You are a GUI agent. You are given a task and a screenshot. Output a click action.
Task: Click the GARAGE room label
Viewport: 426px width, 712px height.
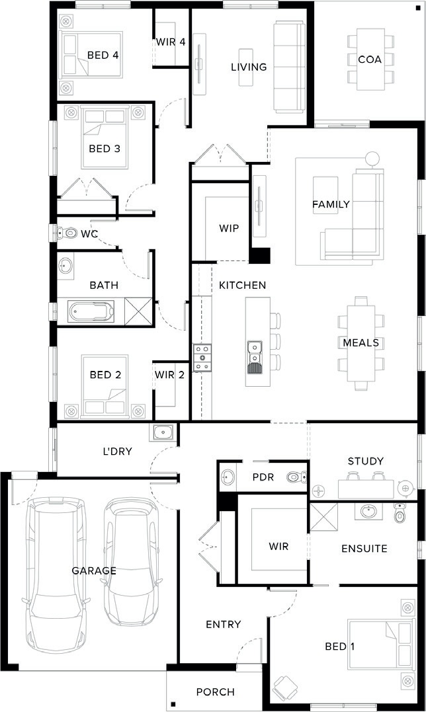(94, 571)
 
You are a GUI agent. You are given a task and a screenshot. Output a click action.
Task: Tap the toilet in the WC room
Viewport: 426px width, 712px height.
(67, 233)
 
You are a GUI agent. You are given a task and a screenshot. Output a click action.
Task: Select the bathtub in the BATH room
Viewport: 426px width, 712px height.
(91, 311)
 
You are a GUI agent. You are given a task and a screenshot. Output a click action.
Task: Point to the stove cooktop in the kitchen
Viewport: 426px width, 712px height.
(202, 358)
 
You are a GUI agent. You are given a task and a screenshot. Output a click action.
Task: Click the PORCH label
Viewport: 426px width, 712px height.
(215, 692)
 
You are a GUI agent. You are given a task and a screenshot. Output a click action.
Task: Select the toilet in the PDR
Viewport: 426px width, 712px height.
(296, 477)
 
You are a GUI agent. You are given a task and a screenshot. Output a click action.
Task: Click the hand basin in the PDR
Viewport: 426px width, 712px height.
(228, 477)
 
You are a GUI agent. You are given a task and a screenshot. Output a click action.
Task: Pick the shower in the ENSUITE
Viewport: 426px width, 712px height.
(324, 517)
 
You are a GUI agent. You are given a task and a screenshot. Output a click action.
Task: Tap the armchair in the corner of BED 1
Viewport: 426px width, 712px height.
(284, 685)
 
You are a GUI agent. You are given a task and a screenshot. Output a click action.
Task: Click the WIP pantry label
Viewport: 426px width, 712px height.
(229, 228)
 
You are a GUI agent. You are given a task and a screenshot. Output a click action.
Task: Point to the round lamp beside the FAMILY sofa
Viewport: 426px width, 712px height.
(372, 159)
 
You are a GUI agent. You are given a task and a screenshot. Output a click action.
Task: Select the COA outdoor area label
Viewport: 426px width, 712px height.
(370, 59)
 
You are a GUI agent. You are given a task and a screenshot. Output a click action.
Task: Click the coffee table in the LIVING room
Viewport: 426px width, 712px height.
(246, 67)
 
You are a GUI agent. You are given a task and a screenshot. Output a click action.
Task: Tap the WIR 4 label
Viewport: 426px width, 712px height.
(171, 42)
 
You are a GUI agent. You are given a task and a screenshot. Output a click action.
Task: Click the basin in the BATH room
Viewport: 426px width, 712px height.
(66, 266)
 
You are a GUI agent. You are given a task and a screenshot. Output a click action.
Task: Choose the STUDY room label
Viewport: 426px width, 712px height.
(366, 461)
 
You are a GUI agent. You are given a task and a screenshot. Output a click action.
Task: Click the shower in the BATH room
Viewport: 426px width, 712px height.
(138, 311)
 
